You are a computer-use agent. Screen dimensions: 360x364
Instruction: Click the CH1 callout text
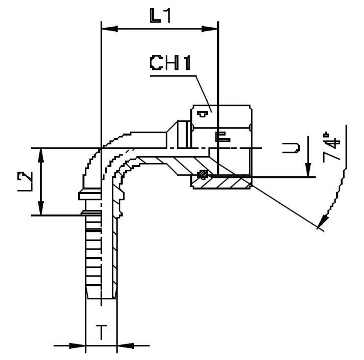[170, 64]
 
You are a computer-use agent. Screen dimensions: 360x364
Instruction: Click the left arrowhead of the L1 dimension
[109, 28]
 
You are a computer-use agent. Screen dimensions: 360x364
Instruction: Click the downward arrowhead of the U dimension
[308, 170]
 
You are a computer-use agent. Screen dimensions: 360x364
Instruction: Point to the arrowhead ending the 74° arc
[323, 222]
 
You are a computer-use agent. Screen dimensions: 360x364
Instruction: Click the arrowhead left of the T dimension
[78, 345]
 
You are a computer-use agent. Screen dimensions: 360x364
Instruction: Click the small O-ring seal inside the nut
[202, 175]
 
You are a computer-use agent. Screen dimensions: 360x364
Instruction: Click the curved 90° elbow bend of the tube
[106, 153]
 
